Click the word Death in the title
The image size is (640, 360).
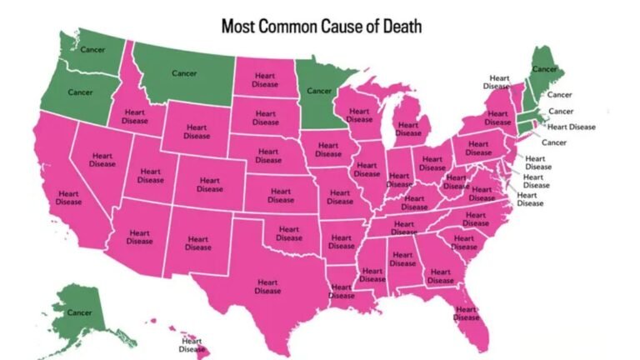click(x=397, y=26)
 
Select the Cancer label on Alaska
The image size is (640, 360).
click(x=80, y=312)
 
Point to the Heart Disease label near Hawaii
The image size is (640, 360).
click(x=192, y=344)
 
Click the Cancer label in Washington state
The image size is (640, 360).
click(x=92, y=49)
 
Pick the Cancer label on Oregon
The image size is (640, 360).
click(x=80, y=92)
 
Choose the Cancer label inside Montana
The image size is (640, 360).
click(x=184, y=73)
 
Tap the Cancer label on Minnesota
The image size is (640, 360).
click(x=320, y=90)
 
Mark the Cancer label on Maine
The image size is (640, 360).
click(x=545, y=68)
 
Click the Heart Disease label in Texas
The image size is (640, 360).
click(x=268, y=287)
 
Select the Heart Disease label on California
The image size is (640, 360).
click(x=69, y=197)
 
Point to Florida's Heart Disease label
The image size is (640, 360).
click(x=467, y=313)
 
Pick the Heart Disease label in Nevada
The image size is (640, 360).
click(x=102, y=159)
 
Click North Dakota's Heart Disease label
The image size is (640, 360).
click(x=266, y=78)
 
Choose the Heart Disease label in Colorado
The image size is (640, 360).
click(x=210, y=184)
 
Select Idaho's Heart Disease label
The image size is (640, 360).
click(x=136, y=117)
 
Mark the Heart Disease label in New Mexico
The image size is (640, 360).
click(x=198, y=242)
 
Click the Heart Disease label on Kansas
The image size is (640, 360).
click(x=281, y=195)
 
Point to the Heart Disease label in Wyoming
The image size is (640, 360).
click(x=197, y=132)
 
